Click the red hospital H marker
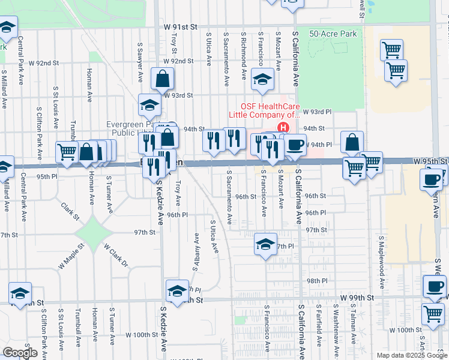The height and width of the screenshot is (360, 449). [282, 127]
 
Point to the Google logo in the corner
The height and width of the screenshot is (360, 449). [20, 352]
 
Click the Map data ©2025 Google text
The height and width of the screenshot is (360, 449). [412, 355]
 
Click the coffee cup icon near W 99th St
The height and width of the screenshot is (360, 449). [434, 288]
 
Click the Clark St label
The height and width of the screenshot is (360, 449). [70, 211]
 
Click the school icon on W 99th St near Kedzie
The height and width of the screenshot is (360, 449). [176, 290]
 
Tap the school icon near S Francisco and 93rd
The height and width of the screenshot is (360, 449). [262, 79]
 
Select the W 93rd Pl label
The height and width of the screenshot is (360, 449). [318, 112]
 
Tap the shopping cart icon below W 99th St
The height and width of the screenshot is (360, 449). [433, 313]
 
